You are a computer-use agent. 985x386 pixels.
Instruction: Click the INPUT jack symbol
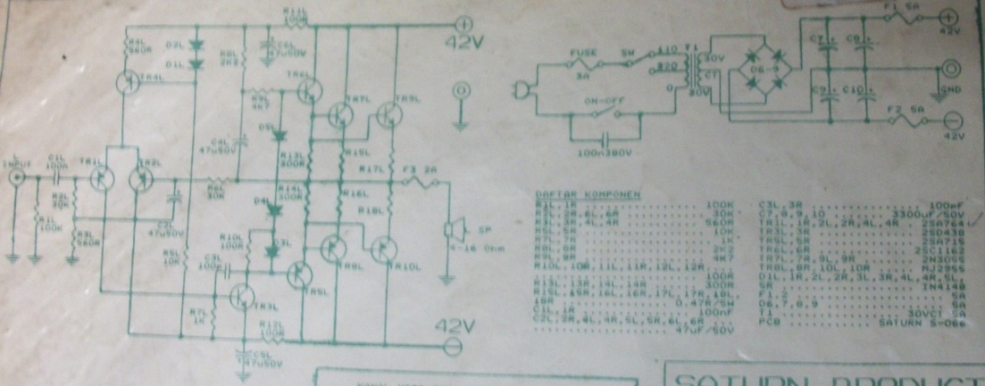click(15, 180)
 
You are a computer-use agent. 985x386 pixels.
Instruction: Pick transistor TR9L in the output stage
click(334, 249)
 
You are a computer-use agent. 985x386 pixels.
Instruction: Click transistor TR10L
click(383, 250)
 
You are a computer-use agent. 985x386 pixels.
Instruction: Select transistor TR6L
click(311, 90)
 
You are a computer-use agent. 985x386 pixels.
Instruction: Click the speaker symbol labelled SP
click(451, 231)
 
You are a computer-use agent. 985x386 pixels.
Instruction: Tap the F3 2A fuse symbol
click(420, 182)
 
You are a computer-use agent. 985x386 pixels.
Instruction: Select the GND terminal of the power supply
click(952, 68)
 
